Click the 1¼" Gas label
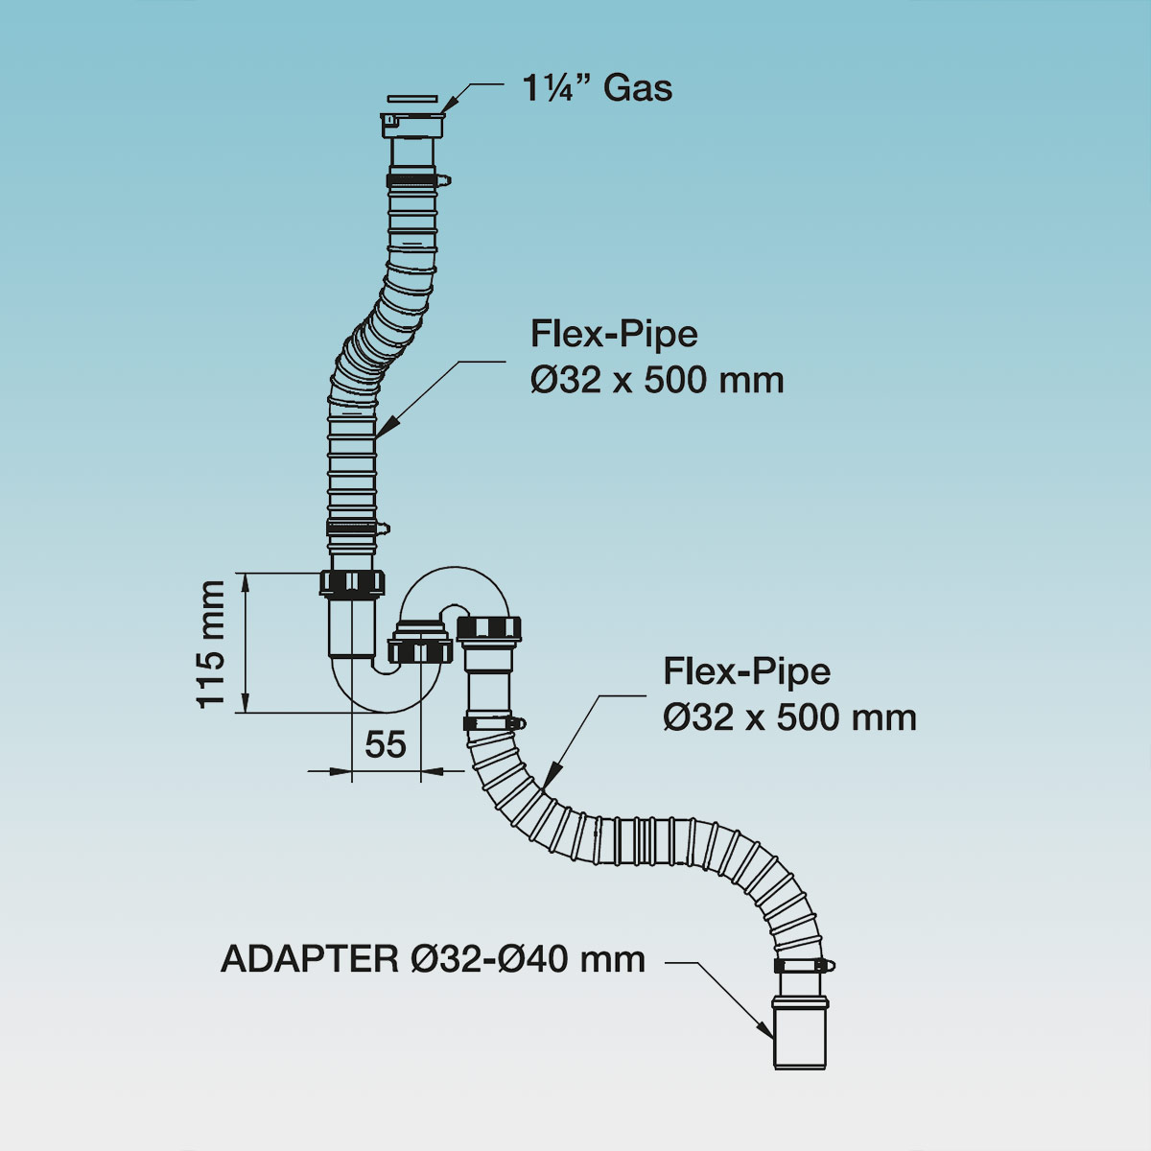click(x=597, y=88)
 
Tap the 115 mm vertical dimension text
click(x=211, y=644)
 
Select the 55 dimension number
click(x=386, y=744)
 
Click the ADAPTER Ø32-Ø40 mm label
click(x=433, y=958)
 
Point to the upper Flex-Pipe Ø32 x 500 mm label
click(x=657, y=358)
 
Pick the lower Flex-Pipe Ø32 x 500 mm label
click(x=789, y=694)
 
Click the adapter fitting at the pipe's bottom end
click(x=801, y=1031)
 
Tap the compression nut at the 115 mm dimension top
click(x=352, y=582)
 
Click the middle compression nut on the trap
click(x=420, y=652)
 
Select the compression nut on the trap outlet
click(x=490, y=629)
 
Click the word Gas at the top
click(x=638, y=88)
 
